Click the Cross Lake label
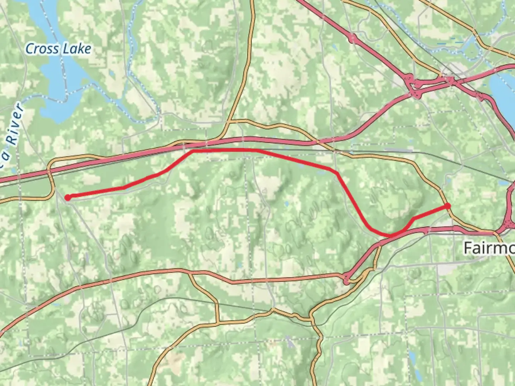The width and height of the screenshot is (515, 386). click(x=58, y=49)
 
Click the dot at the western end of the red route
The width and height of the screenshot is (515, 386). click(x=68, y=197)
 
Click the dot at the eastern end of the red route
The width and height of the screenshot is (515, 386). click(x=447, y=206)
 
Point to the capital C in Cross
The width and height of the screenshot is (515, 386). click(x=30, y=49)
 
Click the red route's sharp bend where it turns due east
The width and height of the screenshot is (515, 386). click(x=193, y=151)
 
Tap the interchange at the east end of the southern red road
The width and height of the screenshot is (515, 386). click(x=346, y=278)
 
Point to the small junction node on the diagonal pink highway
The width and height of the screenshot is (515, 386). click(x=353, y=38)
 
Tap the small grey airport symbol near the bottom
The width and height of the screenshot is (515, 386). click(x=290, y=343)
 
